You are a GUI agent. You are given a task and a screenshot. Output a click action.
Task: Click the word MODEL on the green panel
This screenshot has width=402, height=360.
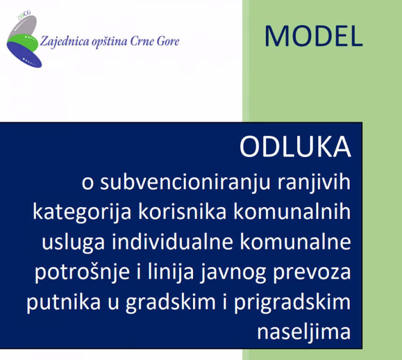click(313, 36)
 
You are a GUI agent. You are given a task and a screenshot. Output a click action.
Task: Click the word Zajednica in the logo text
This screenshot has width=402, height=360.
click(62, 41)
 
